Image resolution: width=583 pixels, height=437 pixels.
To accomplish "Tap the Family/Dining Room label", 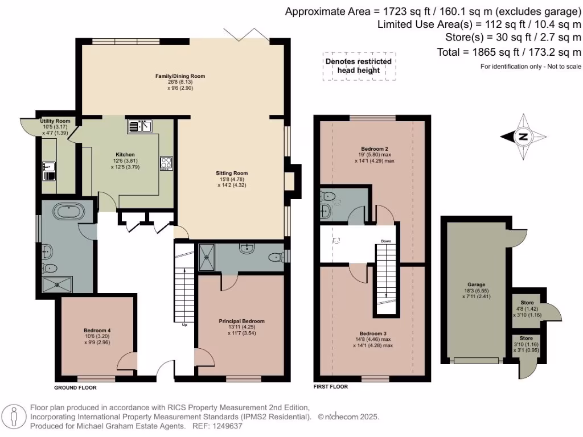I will [180, 76].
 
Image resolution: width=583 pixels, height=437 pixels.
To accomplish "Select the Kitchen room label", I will [125, 155].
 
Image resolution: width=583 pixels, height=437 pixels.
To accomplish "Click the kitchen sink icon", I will [141, 126].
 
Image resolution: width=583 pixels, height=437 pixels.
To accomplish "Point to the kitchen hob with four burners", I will [166, 163].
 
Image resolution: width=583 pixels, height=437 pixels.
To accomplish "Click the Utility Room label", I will [55, 121].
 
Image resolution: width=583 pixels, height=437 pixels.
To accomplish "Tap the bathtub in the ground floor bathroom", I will [69, 212].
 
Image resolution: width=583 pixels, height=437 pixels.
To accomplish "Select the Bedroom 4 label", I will [97, 331].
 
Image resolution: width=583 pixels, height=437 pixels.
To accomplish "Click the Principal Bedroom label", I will [241, 321].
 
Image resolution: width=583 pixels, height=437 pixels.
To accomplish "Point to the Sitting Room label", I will [232, 173].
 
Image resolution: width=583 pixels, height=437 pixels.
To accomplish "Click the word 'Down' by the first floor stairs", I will [386, 241].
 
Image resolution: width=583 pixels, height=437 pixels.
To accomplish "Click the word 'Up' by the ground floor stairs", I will [184, 326].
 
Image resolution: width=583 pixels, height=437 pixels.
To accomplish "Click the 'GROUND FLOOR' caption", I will [75, 387].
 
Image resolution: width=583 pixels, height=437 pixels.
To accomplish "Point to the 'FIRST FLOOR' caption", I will [331, 386].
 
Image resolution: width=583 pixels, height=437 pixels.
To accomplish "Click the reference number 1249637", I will [227, 426].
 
